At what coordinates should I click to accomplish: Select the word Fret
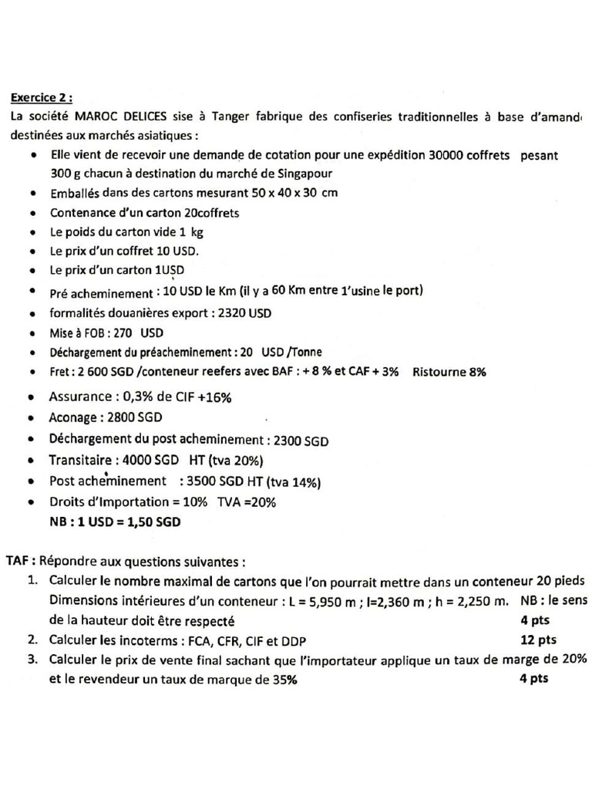(x=61, y=372)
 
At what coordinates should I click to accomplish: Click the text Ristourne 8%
(x=449, y=372)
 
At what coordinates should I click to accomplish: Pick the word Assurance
(x=79, y=397)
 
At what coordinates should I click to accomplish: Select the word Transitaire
(x=82, y=461)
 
